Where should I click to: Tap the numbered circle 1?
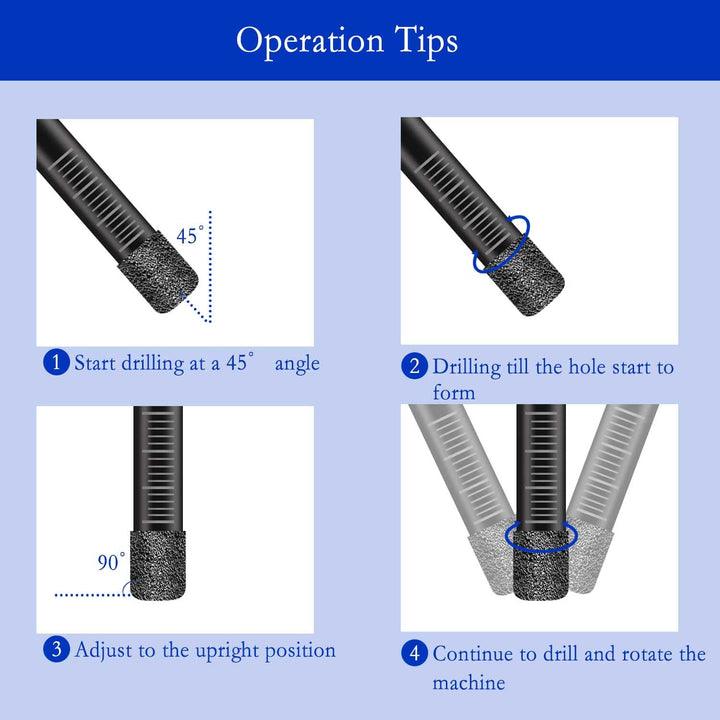(x=56, y=362)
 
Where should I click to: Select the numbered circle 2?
(x=414, y=366)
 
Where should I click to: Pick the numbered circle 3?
(x=56, y=649)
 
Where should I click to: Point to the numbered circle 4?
(x=414, y=652)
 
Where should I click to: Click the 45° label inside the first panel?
(x=190, y=235)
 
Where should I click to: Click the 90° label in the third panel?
(x=111, y=561)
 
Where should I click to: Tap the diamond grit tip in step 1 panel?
(x=158, y=273)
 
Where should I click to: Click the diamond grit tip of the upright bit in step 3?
(x=158, y=565)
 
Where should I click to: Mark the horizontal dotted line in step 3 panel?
(x=92, y=595)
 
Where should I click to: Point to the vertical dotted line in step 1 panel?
(x=210, y=266)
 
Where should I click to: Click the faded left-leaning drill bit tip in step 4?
(x=491, y=561)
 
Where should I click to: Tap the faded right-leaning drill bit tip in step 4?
(x=590, y=561)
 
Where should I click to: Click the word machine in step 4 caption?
(x=469, y=682)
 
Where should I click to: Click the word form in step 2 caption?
(x=454, y=393)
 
